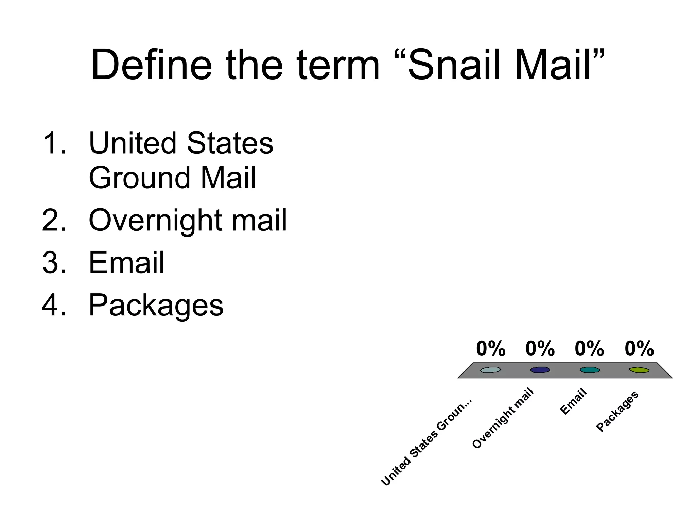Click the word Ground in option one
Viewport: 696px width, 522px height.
139,178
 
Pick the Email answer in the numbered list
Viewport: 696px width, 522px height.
126,263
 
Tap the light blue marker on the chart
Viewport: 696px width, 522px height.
490,370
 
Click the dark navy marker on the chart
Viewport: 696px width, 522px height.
540,370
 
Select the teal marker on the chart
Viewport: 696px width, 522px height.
590,370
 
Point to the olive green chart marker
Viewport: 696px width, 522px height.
639,370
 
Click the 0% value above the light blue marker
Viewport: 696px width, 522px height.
490,349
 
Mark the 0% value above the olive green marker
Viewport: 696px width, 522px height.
639,349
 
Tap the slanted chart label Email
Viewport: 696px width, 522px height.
573,401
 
